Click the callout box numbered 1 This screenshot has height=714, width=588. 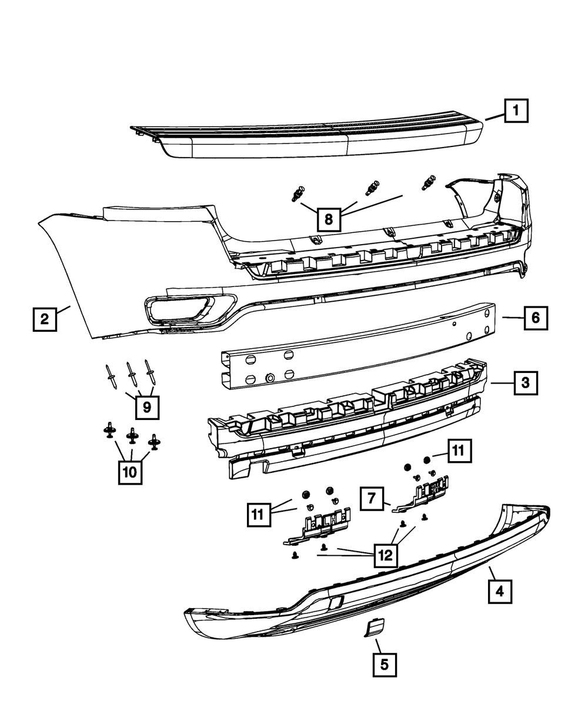pos(515,110)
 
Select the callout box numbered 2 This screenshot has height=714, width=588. pos(45,319)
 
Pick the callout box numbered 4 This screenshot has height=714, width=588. pos(499,590)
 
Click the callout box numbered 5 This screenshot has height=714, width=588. pos(384,665)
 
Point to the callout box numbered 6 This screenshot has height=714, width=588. pos(535,318)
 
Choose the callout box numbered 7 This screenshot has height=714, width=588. pos(372,499)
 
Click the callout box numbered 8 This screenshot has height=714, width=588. pos(328,219)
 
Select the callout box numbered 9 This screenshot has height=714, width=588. pos(146,406)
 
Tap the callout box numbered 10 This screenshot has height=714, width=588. pos(131,471)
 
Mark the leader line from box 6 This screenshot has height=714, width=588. pos(513,318)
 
